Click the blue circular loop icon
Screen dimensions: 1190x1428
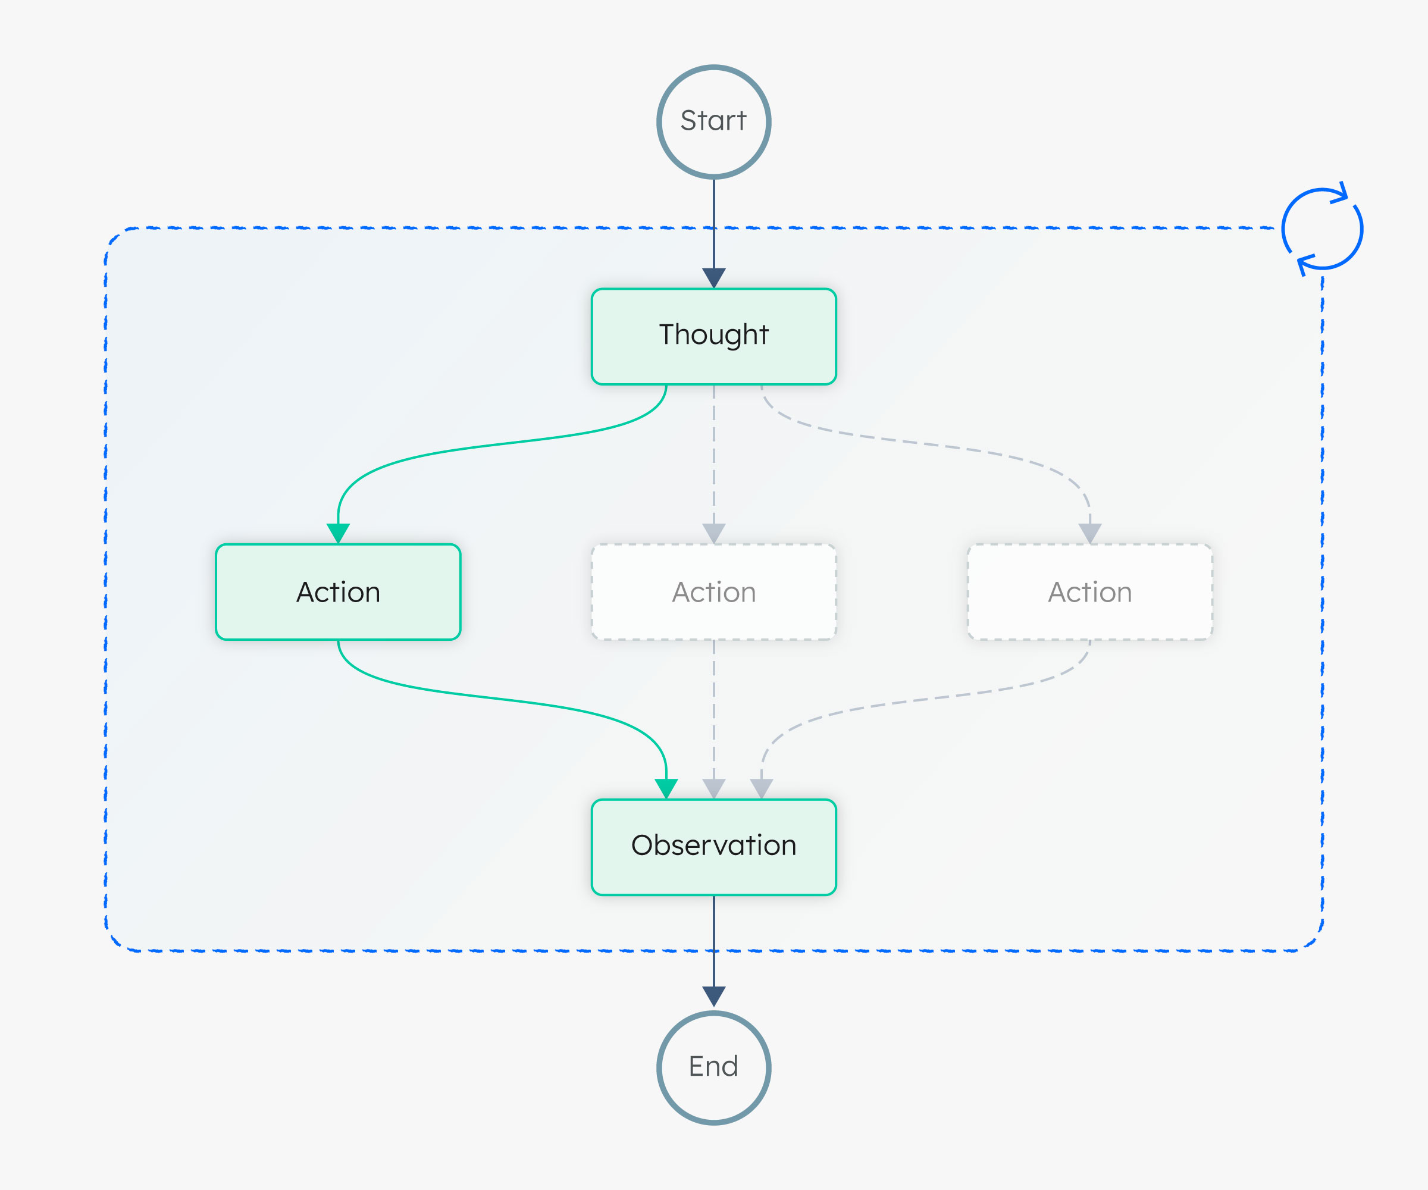point(1322,229)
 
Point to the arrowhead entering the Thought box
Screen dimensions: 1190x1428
point(713,277)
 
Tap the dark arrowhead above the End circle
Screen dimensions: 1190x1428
point(713,995)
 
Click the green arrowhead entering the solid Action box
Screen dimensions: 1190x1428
point(338,532)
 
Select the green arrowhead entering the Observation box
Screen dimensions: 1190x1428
point(666,787)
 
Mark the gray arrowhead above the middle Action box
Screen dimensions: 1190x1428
point(713,532)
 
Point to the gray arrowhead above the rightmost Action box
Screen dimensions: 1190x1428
point(1089,532)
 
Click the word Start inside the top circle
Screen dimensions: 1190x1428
point(713,120)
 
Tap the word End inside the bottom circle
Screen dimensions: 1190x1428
point(713,1066)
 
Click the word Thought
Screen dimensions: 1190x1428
point(713,334)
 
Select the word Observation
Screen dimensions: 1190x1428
point(713,845)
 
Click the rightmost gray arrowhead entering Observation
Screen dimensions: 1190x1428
point(761,787)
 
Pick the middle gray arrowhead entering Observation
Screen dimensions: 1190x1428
point(713,787)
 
